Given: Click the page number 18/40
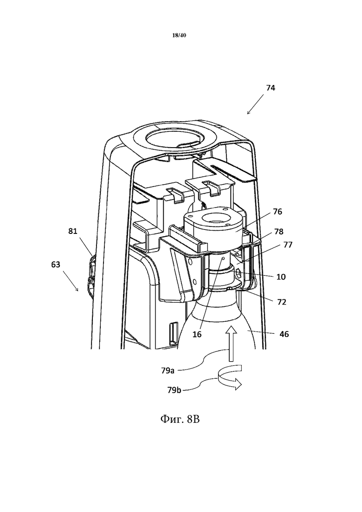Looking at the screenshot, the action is [x=179, y=35].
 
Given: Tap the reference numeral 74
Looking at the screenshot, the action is [x=271, y=88].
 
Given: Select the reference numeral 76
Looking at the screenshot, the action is [x=278, y=212].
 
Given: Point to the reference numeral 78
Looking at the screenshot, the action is [x=278, y=232].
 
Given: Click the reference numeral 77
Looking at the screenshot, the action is [x=288, y=245].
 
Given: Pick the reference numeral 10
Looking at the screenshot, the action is [x=281, y=277].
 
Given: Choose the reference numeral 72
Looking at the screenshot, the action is [x=282, y=302].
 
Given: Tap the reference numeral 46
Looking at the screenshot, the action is [x=284, y=334].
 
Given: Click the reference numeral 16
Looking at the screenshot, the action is [x=197, y=334].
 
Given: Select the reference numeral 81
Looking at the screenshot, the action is [x=73, y=231].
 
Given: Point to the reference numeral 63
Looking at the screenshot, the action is [x=56, y=264].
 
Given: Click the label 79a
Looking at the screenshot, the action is [x=168, y=370].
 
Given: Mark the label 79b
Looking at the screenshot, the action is [x=174, y=390].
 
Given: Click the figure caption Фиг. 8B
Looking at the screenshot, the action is [x=180, y=419].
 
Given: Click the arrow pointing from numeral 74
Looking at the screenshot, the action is [x=256, y=104].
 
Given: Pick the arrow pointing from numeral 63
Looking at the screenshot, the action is [x=71, y=280].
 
